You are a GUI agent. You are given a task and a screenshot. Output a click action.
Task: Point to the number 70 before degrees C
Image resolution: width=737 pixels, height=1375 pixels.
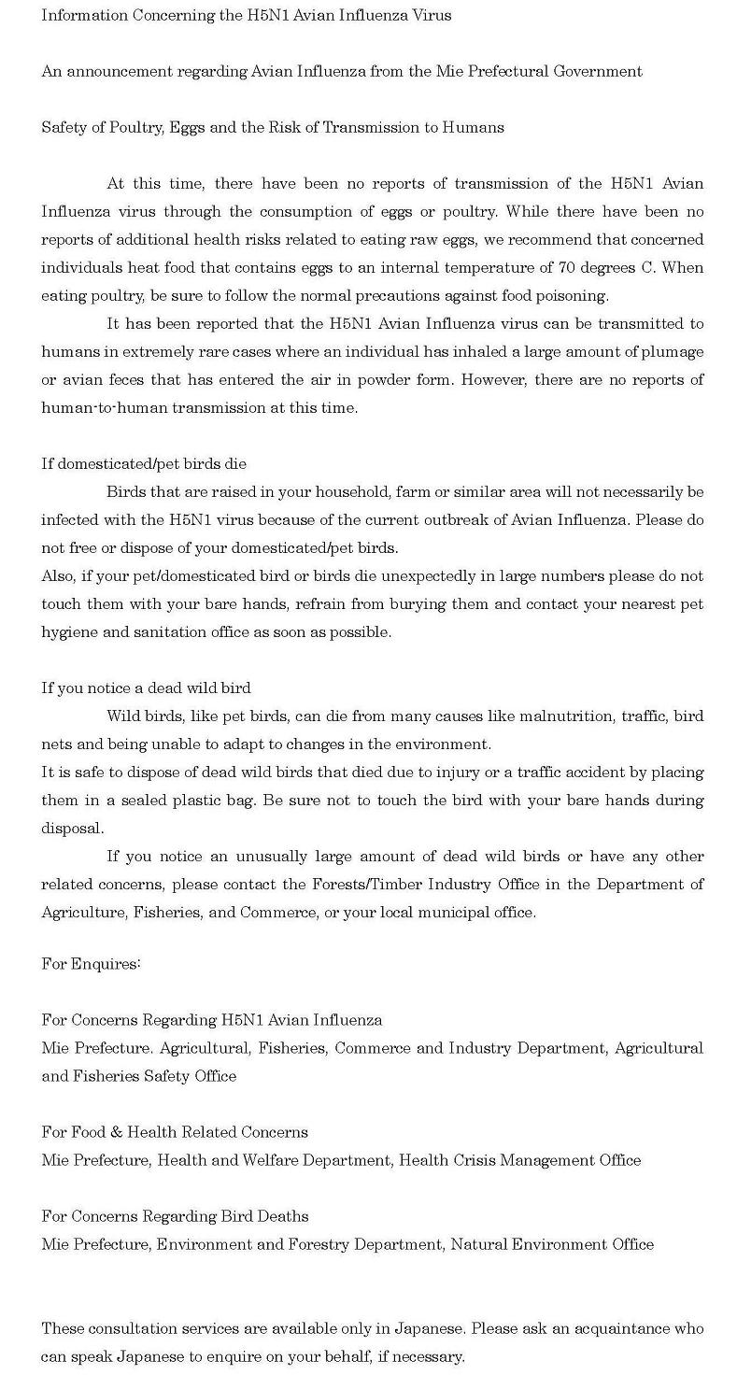point(566,268)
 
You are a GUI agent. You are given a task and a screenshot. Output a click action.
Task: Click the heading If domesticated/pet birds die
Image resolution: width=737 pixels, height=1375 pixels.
point(144,464)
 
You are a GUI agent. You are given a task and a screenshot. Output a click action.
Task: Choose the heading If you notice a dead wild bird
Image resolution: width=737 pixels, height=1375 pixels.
point(146,688)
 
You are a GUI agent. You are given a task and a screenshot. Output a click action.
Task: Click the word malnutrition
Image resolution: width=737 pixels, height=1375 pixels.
point(568,716)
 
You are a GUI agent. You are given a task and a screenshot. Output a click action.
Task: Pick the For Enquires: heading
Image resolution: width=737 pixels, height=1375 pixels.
point(91,964)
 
